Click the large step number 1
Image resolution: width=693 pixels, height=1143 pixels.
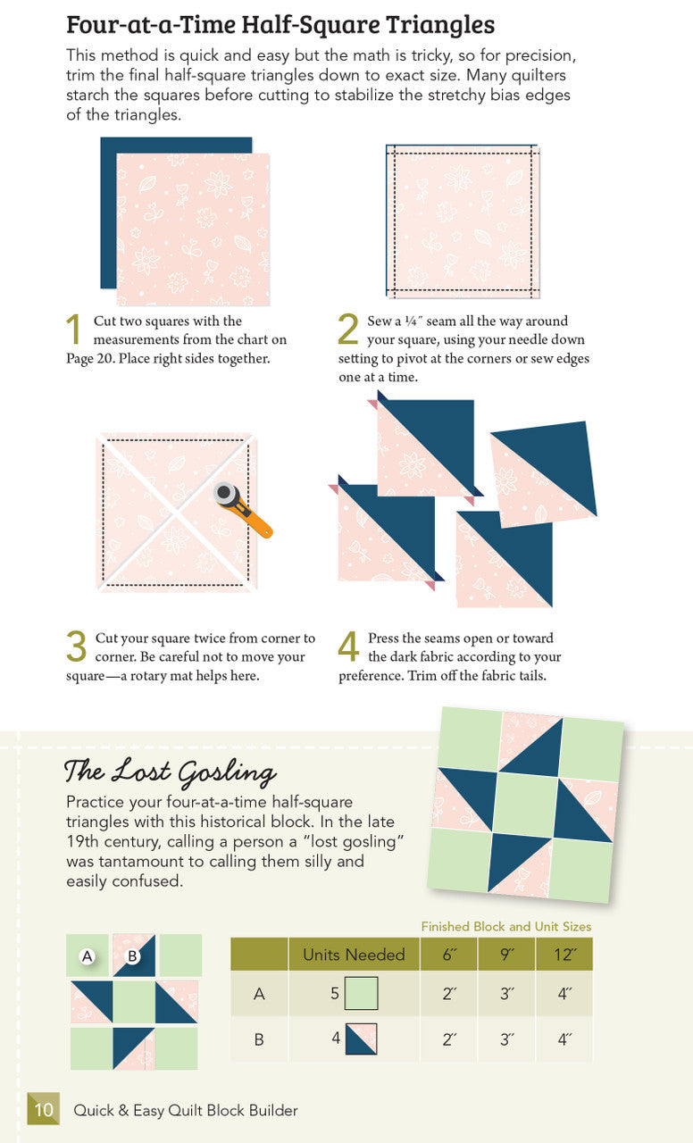pyautogui.click(x=77, y=330)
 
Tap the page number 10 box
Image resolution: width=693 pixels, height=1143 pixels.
pyautogui.click(x=44, y=1109)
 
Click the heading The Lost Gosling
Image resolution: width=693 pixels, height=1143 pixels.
pyautogui.click(x=170, y=771)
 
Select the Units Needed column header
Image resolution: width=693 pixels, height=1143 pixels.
pyautogui.click(x=354, y=955)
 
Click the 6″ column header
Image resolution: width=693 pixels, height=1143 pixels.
pyautogui.click(x=448, y=955)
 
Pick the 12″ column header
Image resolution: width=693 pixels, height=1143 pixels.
pyautogui.click(x=564, y=955)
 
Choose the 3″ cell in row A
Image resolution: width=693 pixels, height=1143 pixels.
pyautogui.click(x=506, y=993)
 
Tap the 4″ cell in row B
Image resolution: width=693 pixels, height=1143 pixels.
pyautogui.click(x=564, y=1039)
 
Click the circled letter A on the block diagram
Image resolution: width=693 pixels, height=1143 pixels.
pyautogui.click(x=88, y=956)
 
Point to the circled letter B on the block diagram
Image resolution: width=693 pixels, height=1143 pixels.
pyautogui.click(x=133, y=956)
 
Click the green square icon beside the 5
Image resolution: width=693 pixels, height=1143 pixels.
pyautogui.click(x=362, y=993)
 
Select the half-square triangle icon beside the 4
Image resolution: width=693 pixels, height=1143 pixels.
pyautogui.click(x=362, y=1039)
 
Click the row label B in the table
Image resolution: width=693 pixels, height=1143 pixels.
pyautogui.click(x=259, y=1039)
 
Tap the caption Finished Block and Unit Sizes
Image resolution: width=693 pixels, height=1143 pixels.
pyautogui.click(x=505, y=927)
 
